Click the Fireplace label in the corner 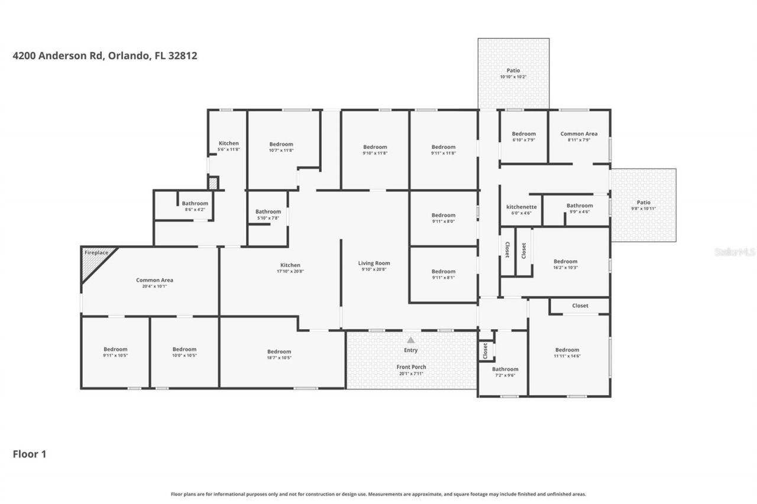[x=96, y=253]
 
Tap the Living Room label [x=374, y=263]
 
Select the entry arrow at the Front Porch [x=411, y=340]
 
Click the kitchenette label [x=522, y=207]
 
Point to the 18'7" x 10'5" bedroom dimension [x=279, y=358]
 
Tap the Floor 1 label [x=30, y=454]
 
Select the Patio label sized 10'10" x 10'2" [x=513, y=70]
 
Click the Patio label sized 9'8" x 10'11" [x=643, y=201]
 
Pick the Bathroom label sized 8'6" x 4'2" [x=195, y=203]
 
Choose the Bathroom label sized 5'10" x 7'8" [x=268, y=212]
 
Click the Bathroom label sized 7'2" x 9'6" [x=505, y=369]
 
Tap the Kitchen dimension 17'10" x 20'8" [x=290, y=272]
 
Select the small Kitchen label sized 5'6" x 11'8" [x=229, y=143]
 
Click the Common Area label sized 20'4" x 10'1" [x=154, y=280]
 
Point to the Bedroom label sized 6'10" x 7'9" [x=524, y=134]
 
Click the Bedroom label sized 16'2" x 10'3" [x=565, y=261]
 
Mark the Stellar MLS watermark [x=735, y=252]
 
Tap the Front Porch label [x=411, y=367]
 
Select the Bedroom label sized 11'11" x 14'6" [x=567, y=350]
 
